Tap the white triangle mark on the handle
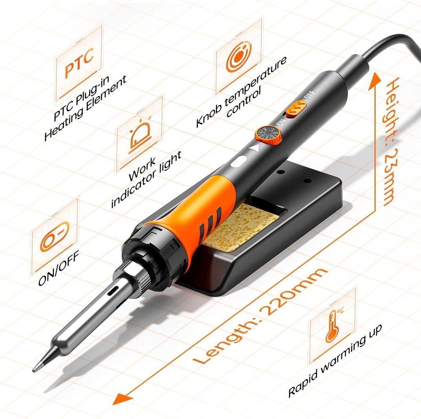[254, 148]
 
